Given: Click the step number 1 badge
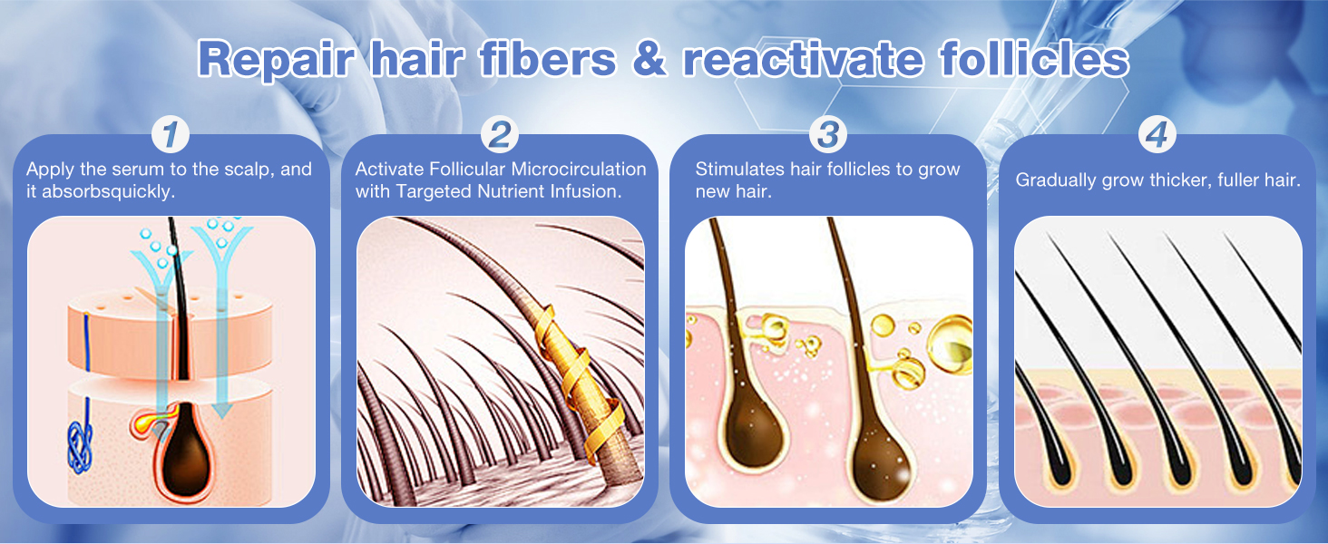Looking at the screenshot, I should (x=171, y=135).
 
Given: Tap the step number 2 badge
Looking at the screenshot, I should (x=499, y=135).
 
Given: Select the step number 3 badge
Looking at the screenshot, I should (x=827, y=135).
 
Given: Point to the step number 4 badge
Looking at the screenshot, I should (x=1156, y=135).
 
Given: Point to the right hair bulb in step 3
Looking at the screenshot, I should (x=873, y=458).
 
